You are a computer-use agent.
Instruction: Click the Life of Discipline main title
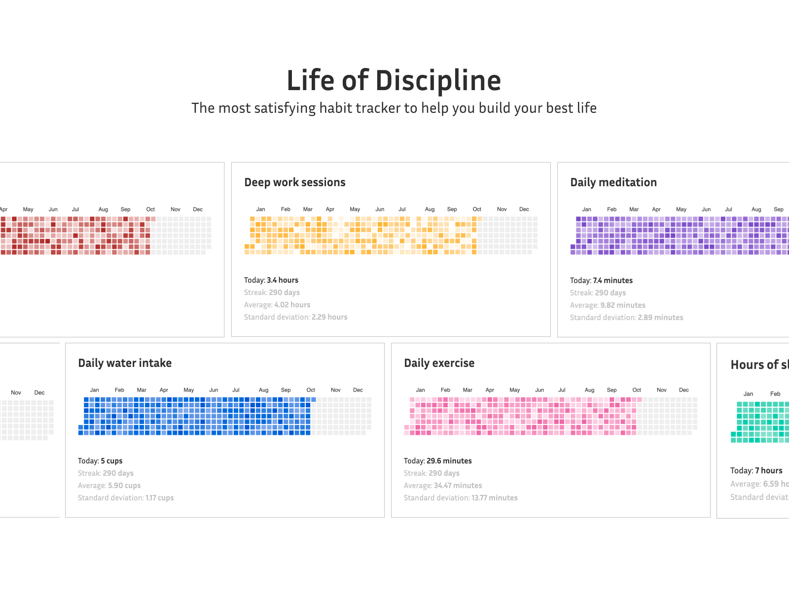click(x=394, y=81)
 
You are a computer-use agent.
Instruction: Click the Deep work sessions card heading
click(x=295, y=183)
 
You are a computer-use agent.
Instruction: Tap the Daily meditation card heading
click(x=613, y=183)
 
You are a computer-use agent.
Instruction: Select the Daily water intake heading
click(x=125, y=363)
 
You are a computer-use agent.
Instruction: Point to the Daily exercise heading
click(x=439, y=363)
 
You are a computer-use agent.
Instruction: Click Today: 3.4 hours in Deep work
click(x=271, y=280)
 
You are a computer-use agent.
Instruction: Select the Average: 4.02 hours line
click(x=277, y=305)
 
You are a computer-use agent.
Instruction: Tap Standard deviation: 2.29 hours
click(x=296, y=317)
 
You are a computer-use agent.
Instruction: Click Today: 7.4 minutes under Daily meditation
click(x=601, y=281)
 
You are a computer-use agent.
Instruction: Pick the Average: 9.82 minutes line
click(x=608, y=305)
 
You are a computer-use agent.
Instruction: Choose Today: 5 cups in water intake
click(x=100, y=461)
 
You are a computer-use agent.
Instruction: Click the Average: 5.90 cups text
click(x=109, y=486)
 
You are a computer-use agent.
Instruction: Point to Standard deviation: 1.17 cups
click(x=126, y=498)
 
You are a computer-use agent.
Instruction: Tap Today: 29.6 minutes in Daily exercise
click(x=438, y=461)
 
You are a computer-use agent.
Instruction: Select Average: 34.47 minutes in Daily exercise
click(x=443, y=486)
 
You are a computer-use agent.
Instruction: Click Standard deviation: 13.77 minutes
click(x=461, y=498)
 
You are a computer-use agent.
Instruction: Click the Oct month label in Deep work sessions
click(x=477, y=209)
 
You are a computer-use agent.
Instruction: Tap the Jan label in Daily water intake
click(x=94, y=390)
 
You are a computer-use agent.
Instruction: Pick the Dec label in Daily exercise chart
click(x=683, y=390)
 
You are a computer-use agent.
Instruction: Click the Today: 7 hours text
click(x=756, y=471)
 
